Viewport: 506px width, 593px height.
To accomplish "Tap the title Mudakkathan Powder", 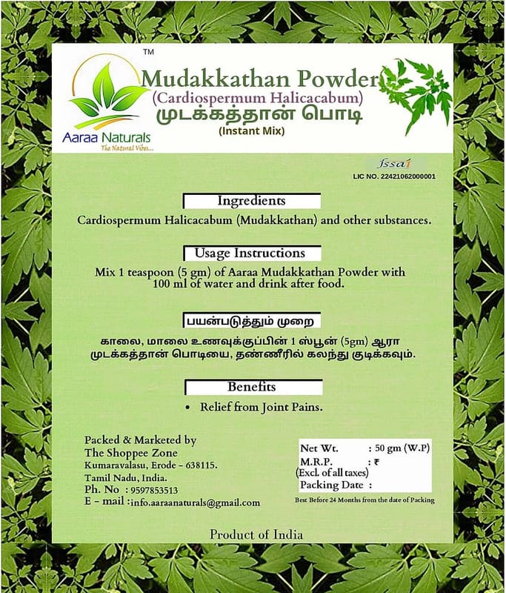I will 259,78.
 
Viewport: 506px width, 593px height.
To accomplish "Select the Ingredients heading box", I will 251,202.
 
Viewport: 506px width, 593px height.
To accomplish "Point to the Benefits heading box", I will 252,387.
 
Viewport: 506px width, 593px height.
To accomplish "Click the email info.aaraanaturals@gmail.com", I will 195,503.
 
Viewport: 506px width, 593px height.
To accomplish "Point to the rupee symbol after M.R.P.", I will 377,460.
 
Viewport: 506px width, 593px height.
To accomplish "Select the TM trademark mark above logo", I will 148,53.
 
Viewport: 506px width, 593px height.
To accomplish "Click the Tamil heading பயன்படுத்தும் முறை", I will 252,322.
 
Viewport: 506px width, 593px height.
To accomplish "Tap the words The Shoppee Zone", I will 131,453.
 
